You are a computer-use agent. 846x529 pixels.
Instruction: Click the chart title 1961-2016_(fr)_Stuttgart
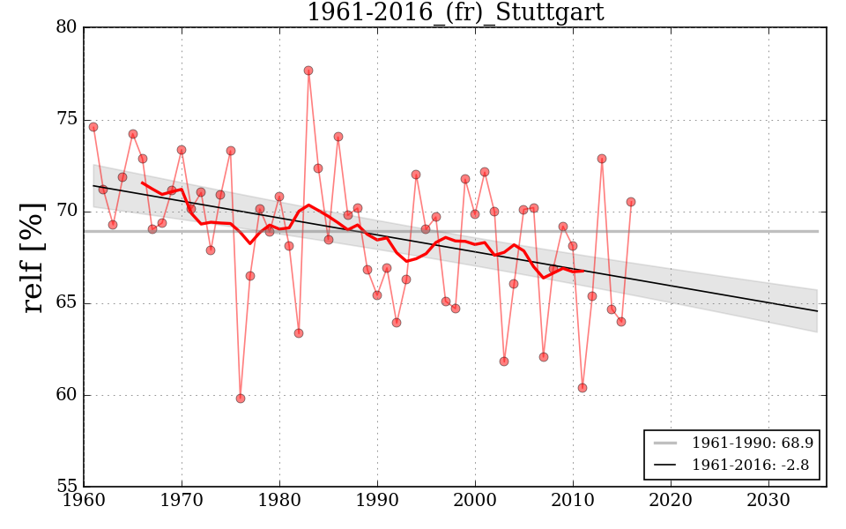(x=455, y=12)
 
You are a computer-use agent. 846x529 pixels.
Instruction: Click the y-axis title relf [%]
(x=33, y=257)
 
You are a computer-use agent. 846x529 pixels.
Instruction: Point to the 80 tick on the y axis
(x=66, y=28)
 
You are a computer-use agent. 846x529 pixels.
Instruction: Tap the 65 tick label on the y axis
(x=66, y=303)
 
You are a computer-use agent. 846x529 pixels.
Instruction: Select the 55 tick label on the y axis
(x=66, y=487)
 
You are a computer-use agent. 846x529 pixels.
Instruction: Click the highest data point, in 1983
(x=308, y=71)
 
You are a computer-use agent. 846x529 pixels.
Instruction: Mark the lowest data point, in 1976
(x=241, y=399)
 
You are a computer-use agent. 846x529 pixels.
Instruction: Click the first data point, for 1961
(x=93, y=127)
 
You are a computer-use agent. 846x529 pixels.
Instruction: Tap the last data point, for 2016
(x=631, y=202)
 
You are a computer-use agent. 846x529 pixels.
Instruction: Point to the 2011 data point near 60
(x=583, y=388)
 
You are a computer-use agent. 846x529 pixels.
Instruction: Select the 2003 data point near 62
(x=504, y=361)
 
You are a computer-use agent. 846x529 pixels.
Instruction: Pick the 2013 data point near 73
(x=602, y=159)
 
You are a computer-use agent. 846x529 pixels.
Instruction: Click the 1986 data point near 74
(x=338, y=137)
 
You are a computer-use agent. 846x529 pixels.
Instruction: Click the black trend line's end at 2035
(x=818, y=311)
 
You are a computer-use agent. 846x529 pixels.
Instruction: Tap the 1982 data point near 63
(x=299, y=333)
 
